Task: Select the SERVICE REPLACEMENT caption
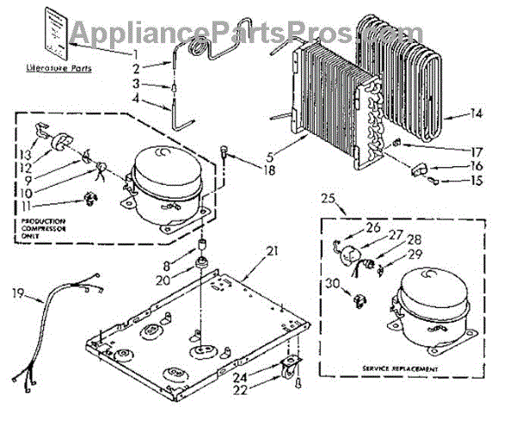click(x=402, y=368)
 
